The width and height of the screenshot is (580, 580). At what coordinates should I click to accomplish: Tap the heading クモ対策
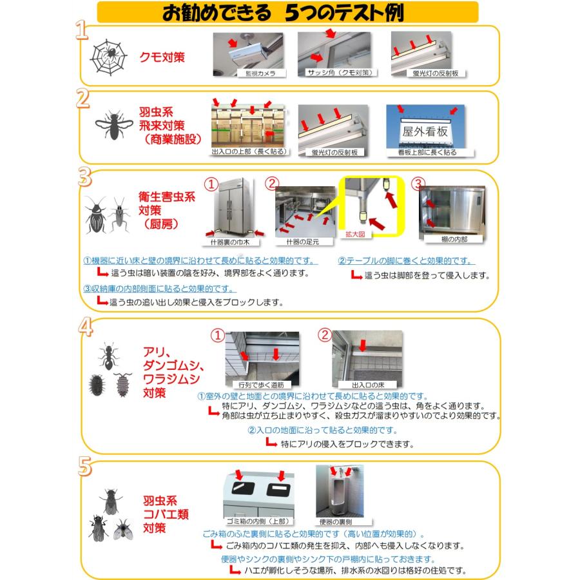(162, 57)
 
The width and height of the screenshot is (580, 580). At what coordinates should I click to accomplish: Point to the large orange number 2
(82, 99)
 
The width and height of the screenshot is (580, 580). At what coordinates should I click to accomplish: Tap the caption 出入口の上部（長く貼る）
(249, 153)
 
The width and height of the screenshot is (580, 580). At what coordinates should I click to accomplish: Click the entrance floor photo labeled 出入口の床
(367, 356)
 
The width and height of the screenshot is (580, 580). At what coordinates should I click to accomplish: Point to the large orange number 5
(82, 467)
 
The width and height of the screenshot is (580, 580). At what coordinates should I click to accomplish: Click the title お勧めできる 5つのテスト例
(289, 12)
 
